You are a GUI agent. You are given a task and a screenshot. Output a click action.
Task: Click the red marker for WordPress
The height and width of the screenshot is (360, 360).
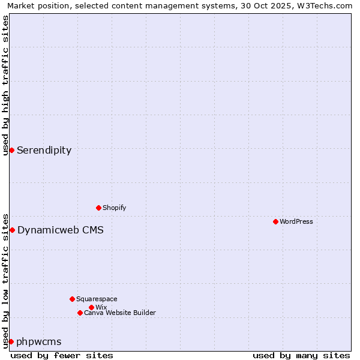(x=275, y=221)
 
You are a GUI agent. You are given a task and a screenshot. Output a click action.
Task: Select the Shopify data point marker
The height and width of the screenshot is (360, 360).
(x=98, y=208)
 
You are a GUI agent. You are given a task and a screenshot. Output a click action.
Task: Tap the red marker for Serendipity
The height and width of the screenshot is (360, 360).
(x=11, y=150)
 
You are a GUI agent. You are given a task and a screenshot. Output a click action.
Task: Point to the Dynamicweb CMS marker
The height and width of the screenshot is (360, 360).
(x=12, y=230)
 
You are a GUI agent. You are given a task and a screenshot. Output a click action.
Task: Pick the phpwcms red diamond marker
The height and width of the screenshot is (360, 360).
(x=11, y=341)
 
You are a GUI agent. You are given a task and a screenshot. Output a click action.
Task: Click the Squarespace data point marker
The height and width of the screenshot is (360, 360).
(x=72, y=299)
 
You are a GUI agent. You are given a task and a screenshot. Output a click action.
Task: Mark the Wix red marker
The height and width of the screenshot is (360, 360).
(x=91, y=307)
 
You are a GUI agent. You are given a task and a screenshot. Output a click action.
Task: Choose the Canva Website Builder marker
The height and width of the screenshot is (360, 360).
(x=80, y=313)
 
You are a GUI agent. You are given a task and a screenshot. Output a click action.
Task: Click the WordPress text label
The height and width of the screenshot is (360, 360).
(x=296, y=221)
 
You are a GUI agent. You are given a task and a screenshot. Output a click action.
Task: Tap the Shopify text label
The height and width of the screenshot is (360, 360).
(x=115, y=208)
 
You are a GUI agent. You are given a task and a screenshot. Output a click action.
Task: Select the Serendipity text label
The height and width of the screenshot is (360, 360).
(x=44, y=150)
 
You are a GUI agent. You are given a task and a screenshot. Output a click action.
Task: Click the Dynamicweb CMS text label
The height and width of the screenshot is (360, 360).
(x=61, y=230)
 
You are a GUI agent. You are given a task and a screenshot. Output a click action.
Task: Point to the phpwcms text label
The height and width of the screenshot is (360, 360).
(x=39, y=341)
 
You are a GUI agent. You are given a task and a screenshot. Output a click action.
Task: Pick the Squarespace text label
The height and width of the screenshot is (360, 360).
(x=97, y=299)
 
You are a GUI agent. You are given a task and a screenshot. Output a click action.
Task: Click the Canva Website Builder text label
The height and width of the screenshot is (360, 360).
(x=120, y=313)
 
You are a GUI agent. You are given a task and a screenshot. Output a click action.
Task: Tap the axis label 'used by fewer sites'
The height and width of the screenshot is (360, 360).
(x=62, y=355)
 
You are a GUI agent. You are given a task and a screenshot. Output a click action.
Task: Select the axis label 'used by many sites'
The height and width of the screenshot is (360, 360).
(x=301, y=355)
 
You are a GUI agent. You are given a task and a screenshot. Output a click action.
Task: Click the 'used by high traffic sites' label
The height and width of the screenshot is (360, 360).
(x=5, y=85)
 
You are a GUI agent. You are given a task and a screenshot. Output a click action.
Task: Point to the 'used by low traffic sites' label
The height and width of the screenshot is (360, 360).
(x=5, y=280)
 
